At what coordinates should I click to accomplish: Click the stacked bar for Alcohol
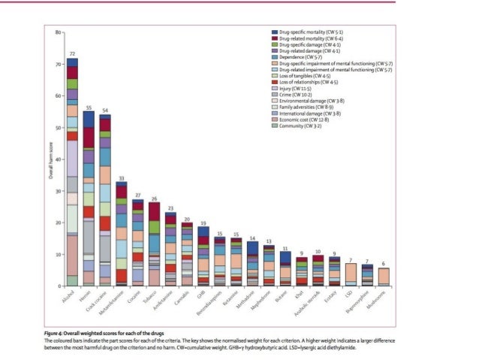pos(72,173)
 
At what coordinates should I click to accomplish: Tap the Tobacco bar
pos(154,244)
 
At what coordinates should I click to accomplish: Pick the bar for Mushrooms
pos(384,277)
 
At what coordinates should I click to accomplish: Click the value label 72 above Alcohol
pos(72,54)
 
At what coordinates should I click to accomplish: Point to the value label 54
pos(105,110)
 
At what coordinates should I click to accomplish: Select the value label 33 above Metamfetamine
pos(122,177)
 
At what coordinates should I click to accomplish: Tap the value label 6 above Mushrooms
pos(384,264)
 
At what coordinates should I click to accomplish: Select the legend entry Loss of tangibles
pos(304,77)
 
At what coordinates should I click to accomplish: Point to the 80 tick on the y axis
pos(57,33)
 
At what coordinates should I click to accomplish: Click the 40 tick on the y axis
pos(57,159)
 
